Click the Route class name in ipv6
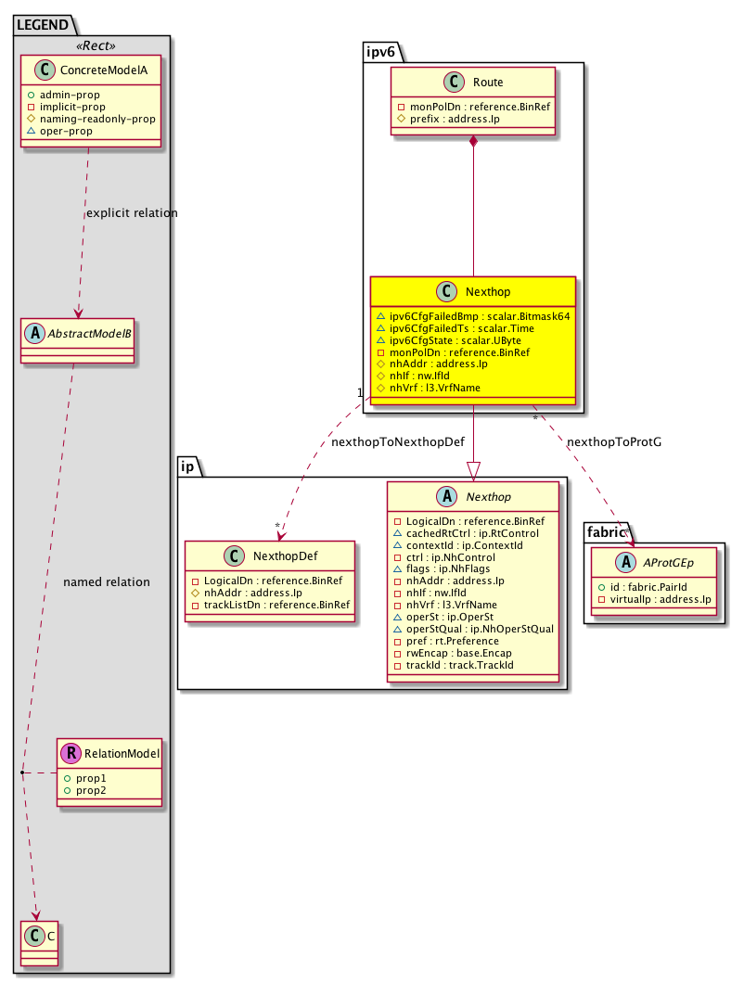point(487,83)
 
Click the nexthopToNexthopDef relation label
point(397,442)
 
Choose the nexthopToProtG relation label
point(613,442)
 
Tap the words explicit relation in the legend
point(131,213)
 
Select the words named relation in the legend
point(106,582)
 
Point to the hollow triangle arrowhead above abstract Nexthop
point(474,471)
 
